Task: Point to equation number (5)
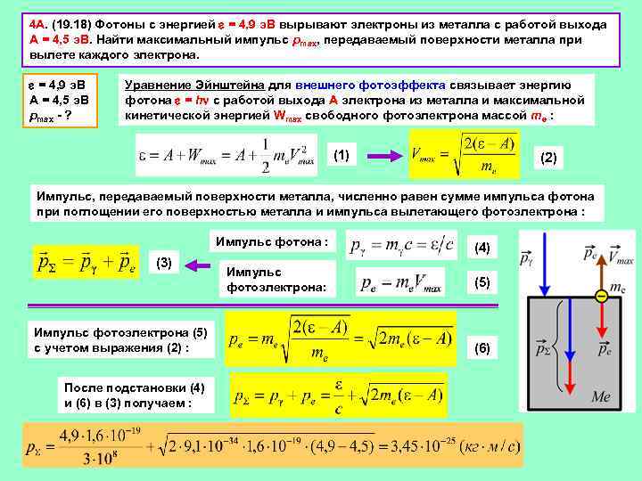482,282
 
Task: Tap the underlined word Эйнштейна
226,85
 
